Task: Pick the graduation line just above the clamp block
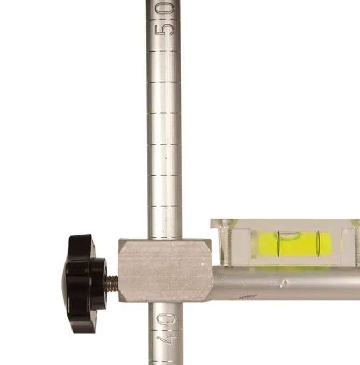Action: click(x=164, y=206)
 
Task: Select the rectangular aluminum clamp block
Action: click(x=165, y=270)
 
